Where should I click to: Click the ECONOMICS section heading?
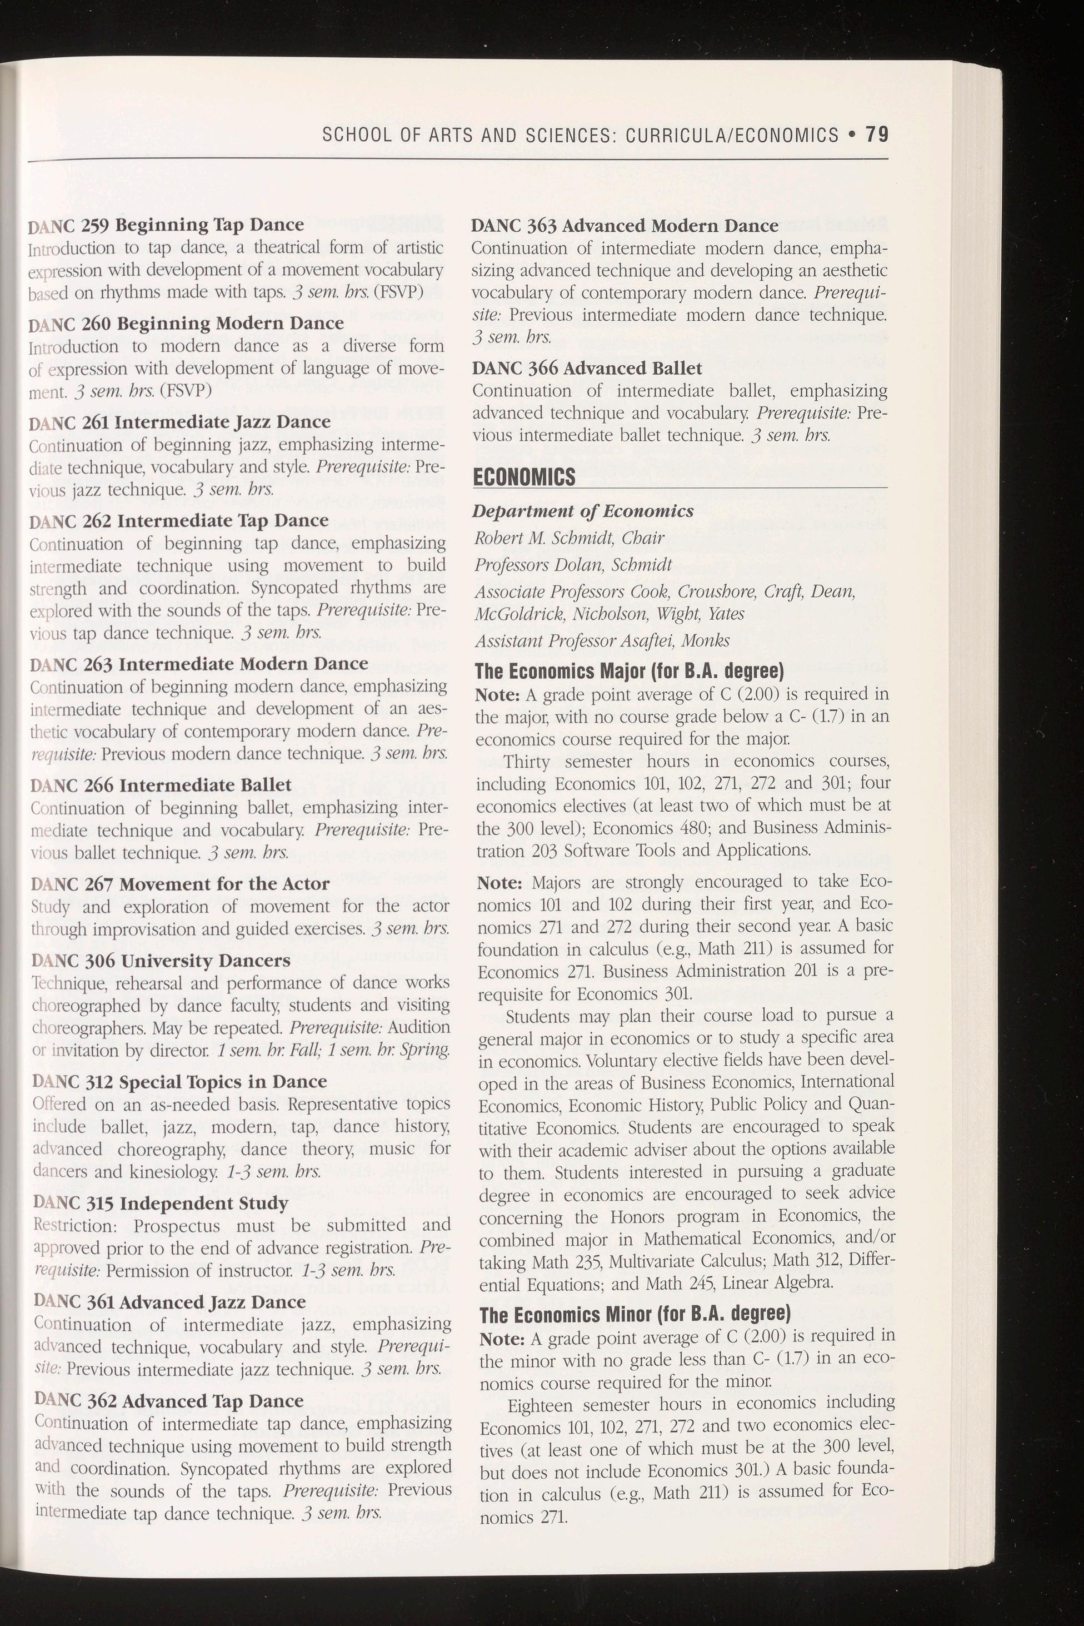[x=523, y=476]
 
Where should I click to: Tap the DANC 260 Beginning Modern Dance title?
[x=187, y=323]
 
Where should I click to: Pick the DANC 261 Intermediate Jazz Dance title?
[x=181, y=421]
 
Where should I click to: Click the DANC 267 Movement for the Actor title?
[x=181, y=883]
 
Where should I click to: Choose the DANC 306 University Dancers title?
[x=161, y=961]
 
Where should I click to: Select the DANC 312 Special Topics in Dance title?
[x=180, y=1081]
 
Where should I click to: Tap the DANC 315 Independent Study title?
[x=161, y=1203]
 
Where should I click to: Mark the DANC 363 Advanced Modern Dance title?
[x=625, y=226]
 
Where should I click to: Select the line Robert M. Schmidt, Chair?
[x=569, y=538]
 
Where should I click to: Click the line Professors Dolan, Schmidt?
[x=573, y=564]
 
